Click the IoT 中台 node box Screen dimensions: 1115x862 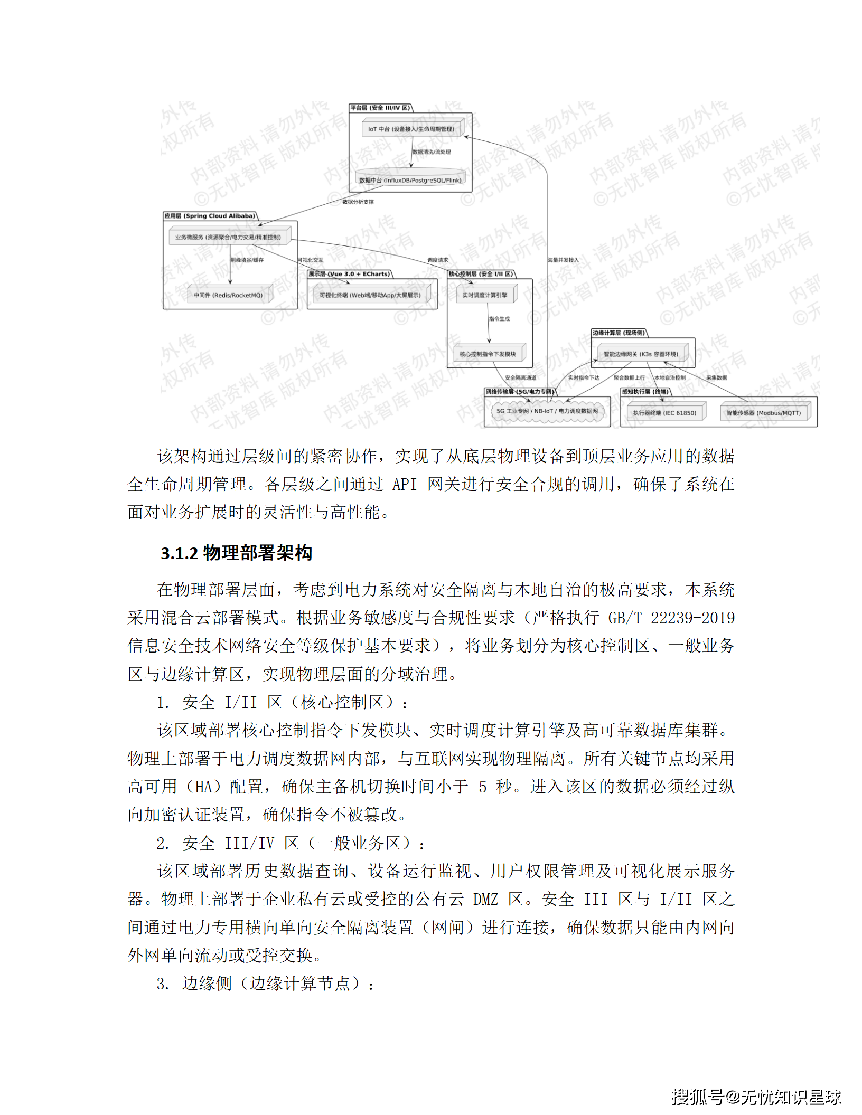point(411,129)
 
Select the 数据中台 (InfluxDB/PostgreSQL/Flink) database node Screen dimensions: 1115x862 point(410,179)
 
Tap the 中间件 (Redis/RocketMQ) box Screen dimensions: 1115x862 point(228,295)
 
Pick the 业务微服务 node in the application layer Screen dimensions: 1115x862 point(228,237)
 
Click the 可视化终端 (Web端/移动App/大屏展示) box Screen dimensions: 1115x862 point(370,295)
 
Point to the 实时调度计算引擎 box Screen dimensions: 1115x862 point(484,295)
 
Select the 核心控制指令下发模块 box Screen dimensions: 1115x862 point(488,354)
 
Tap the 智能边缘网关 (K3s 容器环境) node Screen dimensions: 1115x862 point(640,354)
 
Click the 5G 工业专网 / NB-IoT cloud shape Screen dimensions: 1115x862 point(547,411)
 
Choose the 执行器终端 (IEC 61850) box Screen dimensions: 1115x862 point(664,413)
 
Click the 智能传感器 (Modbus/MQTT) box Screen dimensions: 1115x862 point(763,413)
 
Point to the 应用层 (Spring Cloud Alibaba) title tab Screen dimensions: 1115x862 point(210,216)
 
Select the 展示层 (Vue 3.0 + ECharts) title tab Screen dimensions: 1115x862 point(349,274)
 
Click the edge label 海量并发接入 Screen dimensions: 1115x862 point(563,260)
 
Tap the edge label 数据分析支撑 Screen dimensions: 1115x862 point(358,202)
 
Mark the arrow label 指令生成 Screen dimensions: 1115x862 point(499,319)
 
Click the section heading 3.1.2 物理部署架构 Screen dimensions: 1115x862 point(236,553)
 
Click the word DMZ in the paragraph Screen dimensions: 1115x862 point(485,899)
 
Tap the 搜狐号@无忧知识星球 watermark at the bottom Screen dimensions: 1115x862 point(756,1097)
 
